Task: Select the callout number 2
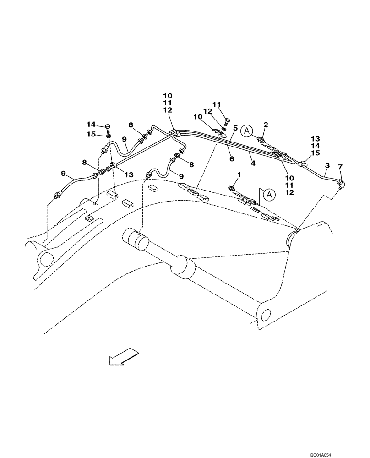[265, 125]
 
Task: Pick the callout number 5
[234, 128]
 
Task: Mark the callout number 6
[232, 158]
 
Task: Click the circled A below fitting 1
[270, 195]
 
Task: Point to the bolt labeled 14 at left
[109, 127]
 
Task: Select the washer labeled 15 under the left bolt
[108, 136]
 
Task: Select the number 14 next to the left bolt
[91, 124]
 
